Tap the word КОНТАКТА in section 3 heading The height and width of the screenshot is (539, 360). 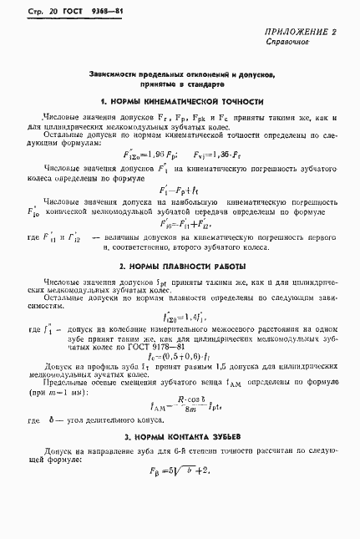click(183, 438)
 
